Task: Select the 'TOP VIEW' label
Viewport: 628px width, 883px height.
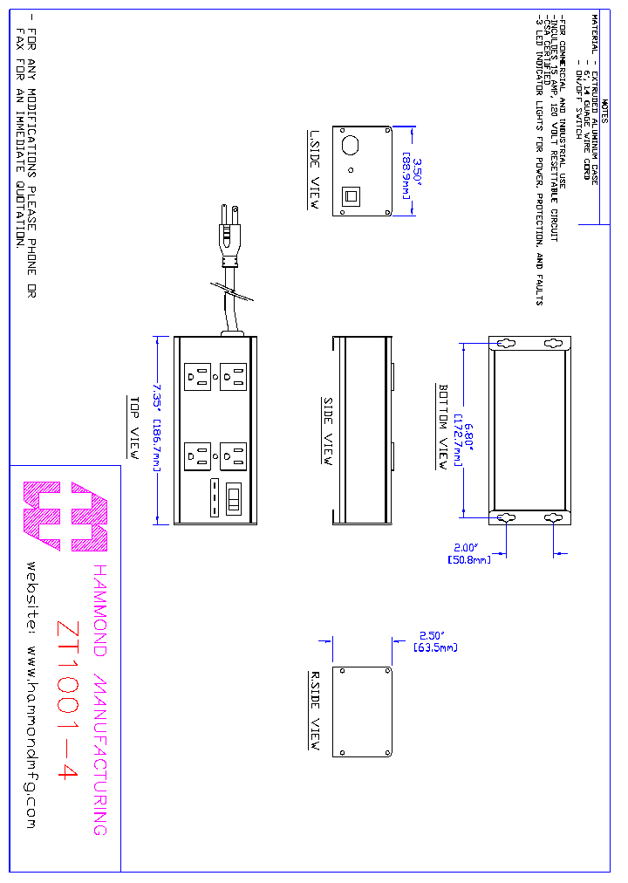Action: pyautogui.click(x=135, y=428)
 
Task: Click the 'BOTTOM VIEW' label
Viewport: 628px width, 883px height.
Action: pyautogui.click(x=443, y=427)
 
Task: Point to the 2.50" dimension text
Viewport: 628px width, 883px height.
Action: pyautogui.click(x=432, y=636)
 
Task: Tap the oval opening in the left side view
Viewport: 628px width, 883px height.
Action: pyautogui.click(x=351, y=143)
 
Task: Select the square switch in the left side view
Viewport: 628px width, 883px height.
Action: pyautogui.click(x=351, y=195)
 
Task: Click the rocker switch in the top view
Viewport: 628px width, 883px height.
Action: pyautogui.click(x=233, y=497)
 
